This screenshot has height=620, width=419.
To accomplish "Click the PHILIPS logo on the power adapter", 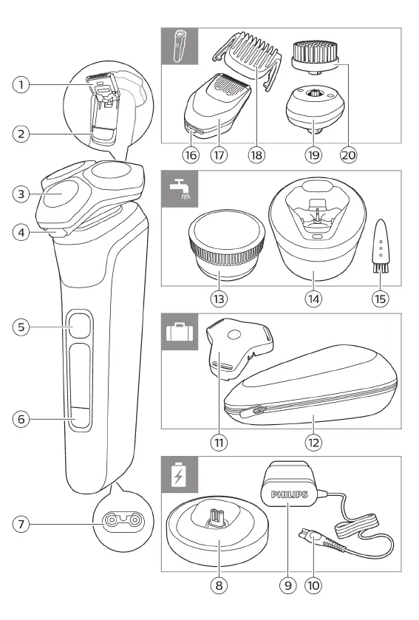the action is coord(289,494).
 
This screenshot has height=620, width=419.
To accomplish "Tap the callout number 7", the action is coord(21,525).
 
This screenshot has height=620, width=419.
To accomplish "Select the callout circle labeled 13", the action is coord(219,299).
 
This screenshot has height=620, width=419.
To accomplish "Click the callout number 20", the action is coord(349,155).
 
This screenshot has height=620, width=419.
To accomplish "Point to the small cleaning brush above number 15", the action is coord(381,245).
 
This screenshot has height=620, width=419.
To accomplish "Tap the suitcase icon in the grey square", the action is coord(180,332).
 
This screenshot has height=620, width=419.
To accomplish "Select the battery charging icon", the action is coord(179,474).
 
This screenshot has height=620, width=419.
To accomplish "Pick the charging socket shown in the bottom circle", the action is coord(123,519).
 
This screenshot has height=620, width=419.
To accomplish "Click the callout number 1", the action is coord(21,85).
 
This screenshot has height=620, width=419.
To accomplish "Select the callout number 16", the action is coord(191,155).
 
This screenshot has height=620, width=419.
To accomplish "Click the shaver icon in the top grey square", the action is coord(179,46).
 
